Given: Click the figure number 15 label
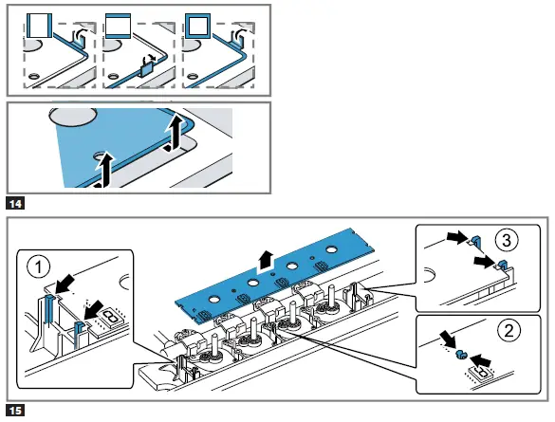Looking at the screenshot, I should [14, 410].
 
